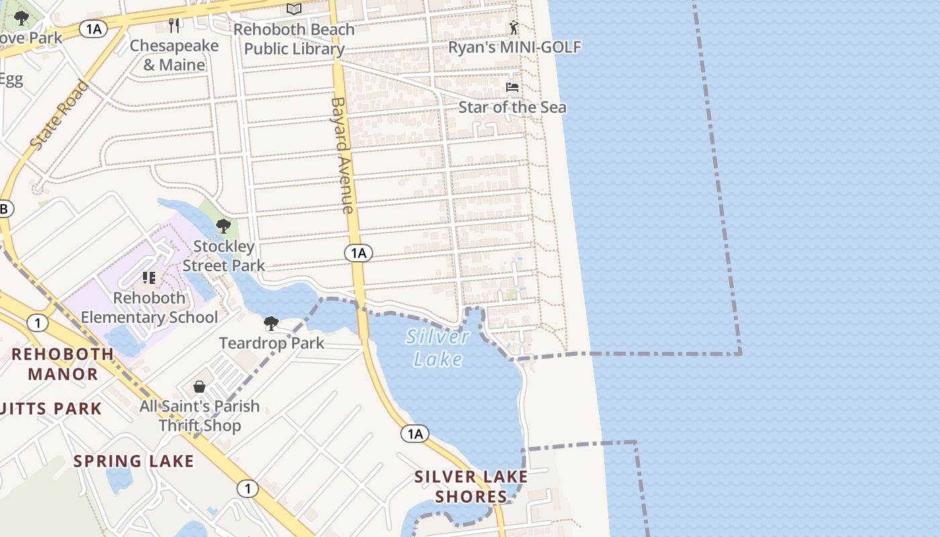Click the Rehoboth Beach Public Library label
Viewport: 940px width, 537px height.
click(293, 39)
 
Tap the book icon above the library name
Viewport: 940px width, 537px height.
click(293, 9)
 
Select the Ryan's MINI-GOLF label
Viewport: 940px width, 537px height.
click(514, 47)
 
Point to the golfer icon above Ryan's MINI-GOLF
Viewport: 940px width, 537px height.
click(514, 28)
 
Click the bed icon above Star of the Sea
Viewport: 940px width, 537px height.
click(512, 87)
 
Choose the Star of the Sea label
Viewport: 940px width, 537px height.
click(512, 107)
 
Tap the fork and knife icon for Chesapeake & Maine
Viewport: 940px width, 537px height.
click(175, 26)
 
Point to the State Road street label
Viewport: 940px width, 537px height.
click(59, 115)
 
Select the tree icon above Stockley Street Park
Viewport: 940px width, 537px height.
click(224, 226)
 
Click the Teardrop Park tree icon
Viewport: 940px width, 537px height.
click(271, 324)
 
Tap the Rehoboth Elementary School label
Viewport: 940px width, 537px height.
click(149, 307)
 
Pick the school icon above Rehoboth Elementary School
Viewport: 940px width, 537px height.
click(149, 277)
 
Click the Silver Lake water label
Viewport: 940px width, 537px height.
click(438, 347)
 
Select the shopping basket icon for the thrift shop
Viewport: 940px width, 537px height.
click(199, 387)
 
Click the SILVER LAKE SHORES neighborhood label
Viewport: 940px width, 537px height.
click(471, 487)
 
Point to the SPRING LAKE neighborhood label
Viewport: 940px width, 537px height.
click(134, 461)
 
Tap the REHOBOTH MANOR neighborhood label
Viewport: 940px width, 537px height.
click(62, 364)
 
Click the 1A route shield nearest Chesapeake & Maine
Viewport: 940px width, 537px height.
click(93, 28)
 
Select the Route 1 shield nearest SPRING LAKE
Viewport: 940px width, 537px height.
click(248, 489)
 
